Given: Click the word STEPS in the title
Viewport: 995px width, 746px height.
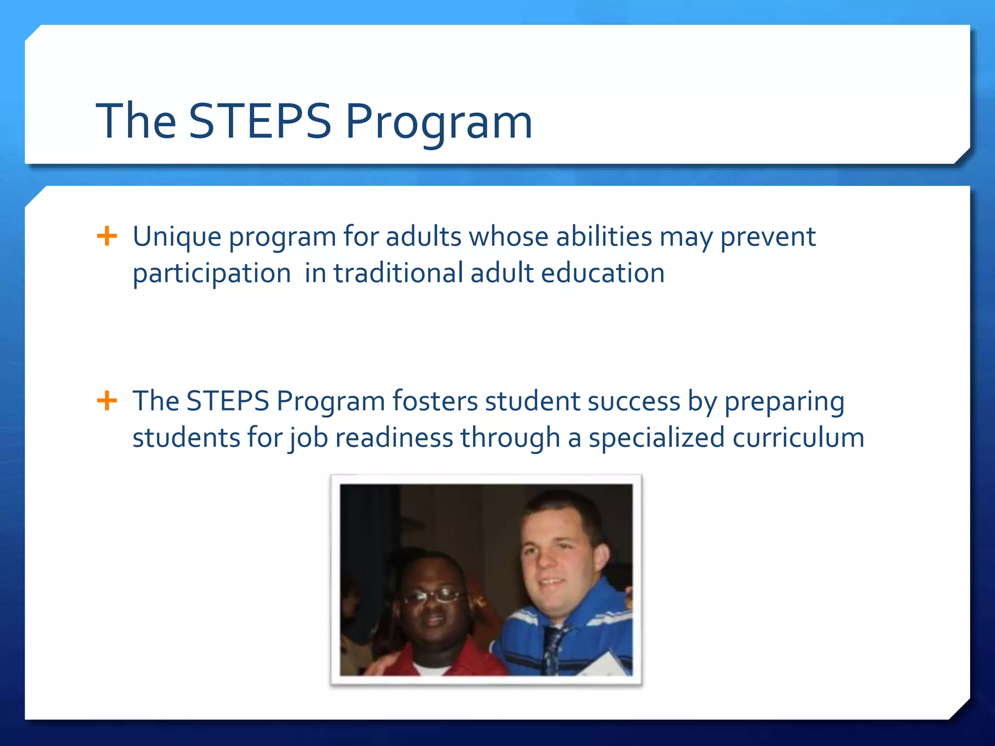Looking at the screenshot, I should tap(259, 121).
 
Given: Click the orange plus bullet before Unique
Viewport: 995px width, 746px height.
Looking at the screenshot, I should tap(107, 237).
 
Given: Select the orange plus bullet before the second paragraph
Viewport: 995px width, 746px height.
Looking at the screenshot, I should tap(107, 401).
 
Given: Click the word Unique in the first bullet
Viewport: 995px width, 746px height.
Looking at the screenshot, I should tap(177, 237).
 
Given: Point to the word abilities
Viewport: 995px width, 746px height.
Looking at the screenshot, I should tap(603, 237).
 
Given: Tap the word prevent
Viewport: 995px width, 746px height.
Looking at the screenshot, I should tap(768, 237).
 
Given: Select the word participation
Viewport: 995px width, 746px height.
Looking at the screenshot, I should tap(212, 273).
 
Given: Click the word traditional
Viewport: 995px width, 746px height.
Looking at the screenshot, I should tap(398, 273).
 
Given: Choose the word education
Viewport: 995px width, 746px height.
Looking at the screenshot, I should tap(602, 273).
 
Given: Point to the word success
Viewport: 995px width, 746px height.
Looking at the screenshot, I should tap(634, 402).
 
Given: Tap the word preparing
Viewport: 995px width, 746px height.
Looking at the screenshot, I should tap(784, 402).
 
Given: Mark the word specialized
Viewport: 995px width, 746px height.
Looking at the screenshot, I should tap(657, 438).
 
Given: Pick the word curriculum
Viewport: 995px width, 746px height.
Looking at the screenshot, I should tap(798, 438).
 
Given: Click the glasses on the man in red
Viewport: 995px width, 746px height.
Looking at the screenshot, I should tap(431, 596).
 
